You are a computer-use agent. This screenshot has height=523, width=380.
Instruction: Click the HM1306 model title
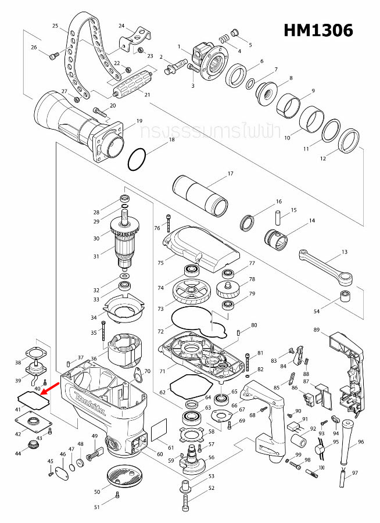318,30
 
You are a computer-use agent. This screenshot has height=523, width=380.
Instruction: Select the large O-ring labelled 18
138,159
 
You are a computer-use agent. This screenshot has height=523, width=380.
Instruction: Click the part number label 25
55,26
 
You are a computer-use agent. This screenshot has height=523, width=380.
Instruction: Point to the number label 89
317,330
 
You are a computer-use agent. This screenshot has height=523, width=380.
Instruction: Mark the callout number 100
321,468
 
